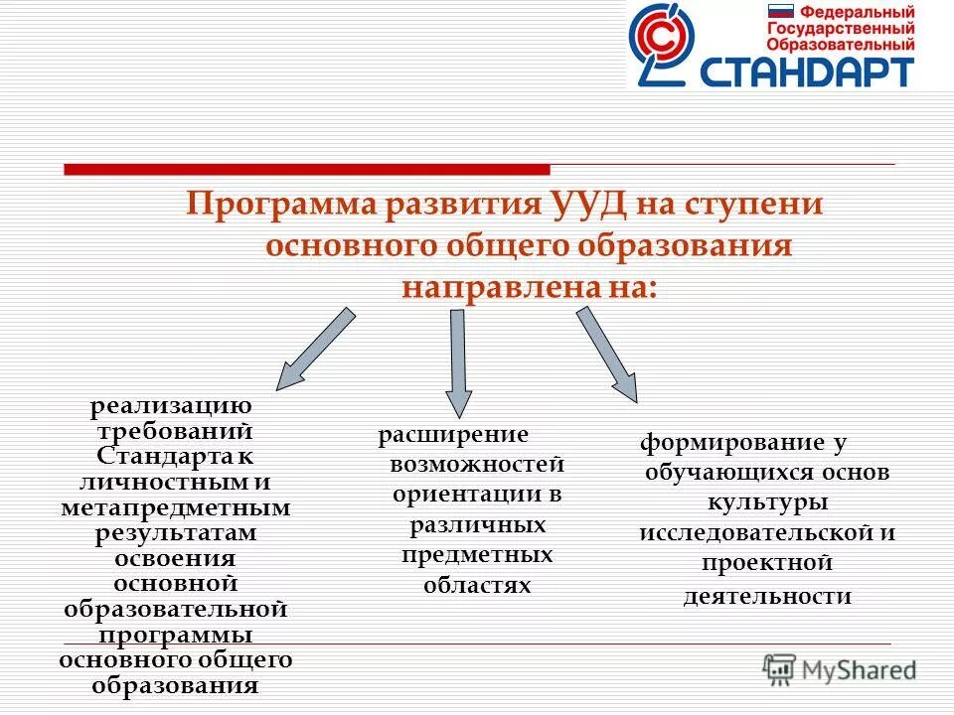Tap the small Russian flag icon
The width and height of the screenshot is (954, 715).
(x=780, y=13)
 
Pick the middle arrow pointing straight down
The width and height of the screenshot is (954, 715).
(x=457, y=361)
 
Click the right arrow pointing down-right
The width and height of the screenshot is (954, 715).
(x=607, y=354)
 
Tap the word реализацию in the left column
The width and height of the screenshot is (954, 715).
(x=172, y=406)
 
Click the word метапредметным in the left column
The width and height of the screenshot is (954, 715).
(x=175, y=507)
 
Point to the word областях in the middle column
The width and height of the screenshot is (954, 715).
(x=477, y=585)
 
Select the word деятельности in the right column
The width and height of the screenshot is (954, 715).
(x=767, y=595)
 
